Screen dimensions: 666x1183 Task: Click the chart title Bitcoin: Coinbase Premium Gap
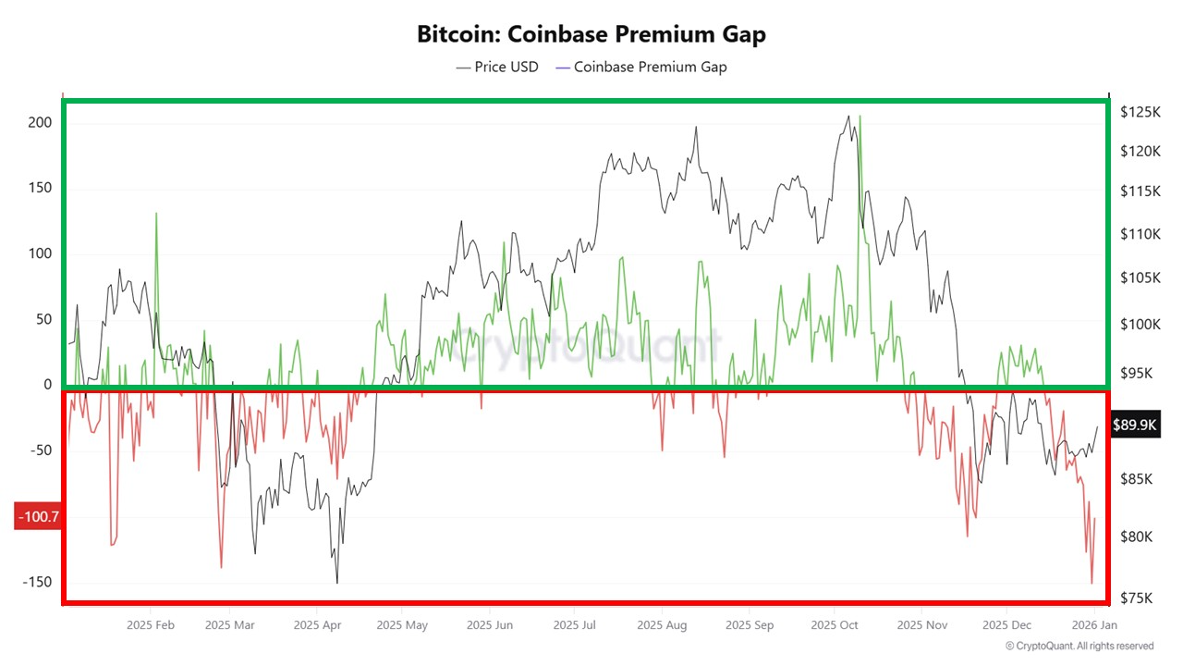pyautogui.click(x=591, y=34)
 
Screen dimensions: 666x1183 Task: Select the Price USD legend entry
pyautogui.click(x=497, y=67)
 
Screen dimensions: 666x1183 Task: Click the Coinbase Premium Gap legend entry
pyautogui.click(x=640, y=67)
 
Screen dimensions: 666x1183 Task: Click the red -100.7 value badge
pyautogui.click(x=38, y=517)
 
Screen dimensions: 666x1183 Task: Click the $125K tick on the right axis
pyautogui.click(x=1139, y=112)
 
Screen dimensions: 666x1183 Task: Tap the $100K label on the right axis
pyautogui.click(x=1139, y=325)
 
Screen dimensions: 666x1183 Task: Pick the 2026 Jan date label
pyautogui.click(x=1093, y=625)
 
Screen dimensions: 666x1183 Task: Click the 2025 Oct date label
pyautogui.click(x=835, y=625)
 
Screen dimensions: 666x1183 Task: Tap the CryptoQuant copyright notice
pyautogui.click(x=1079, y=646)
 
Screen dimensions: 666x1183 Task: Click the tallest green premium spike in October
pyautogui.click(x=860, y=117)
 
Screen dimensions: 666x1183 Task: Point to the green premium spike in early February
pyautogui.click(x=156, y=214)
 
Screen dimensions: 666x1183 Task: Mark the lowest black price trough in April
pyautogui.click(x=336, y=582)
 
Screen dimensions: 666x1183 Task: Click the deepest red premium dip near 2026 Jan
pyautogui.click(x=1092, y=583)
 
